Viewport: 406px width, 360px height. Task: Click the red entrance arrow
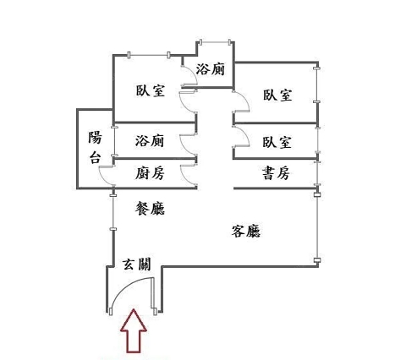pyautogui.click(x=134, y=331)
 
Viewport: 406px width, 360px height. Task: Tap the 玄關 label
pyautogui.click(x=137, y=265)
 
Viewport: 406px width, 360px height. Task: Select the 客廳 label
pyautogui.click(x=246, y=232)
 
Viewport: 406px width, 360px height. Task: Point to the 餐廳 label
pyautogui.click(x=150, y=209)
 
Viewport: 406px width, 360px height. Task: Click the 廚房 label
pyautogui.click(x=150, y=173)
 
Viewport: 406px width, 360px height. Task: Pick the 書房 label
pyautogui.click(x=276, y=173)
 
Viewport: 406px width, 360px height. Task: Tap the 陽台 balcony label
pyautogui.click(x=95, y=147)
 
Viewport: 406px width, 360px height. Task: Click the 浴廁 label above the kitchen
pyautogui.click(x=150, y=140)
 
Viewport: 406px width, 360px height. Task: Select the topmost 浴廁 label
pyautogui.click(x=211, y=69)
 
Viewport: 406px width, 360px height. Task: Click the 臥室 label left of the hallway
pyautogui.click(x=151, y=90)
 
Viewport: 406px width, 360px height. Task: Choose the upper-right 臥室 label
pyautogui.click(x=277, y=95)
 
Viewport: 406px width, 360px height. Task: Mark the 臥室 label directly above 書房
pyautogui.click(x=277, y=142)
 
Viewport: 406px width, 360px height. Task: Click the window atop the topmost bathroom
pyautogui.click(x=216, y=42)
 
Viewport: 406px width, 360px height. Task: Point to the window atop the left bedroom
pyautogui.click(x=149, y=55)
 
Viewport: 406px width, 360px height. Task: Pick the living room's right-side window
pyautogui.click(x=317, y=227)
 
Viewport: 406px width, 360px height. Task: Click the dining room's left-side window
pyautogui.click(x=113, y=212)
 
